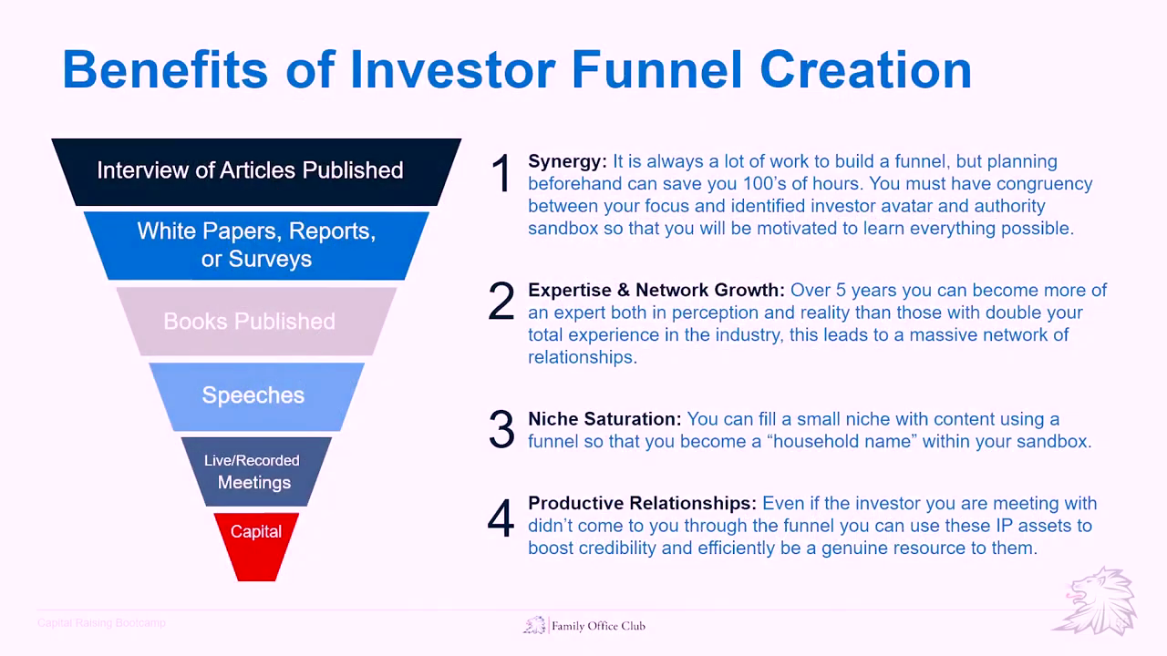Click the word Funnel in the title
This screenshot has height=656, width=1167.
656,70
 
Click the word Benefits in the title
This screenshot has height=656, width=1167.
165,70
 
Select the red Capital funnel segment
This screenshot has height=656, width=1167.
256,547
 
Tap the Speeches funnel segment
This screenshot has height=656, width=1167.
256,396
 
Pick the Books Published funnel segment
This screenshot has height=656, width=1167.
256,322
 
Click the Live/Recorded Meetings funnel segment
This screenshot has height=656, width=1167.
256,472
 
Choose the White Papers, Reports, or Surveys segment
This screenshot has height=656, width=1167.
256,246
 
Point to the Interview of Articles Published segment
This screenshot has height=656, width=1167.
256,172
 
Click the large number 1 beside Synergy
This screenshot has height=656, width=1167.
501,173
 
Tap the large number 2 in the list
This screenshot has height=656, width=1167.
501,301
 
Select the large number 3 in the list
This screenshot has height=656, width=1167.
501,429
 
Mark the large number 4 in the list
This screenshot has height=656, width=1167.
501,518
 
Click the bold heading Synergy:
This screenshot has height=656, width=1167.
567,162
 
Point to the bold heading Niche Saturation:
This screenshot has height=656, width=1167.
604,419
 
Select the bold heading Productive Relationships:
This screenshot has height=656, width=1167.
642,504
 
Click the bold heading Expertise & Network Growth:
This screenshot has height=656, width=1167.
656,290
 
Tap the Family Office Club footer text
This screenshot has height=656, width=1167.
598,626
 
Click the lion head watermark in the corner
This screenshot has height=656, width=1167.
1097,601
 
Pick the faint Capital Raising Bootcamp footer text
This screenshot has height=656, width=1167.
101,622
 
